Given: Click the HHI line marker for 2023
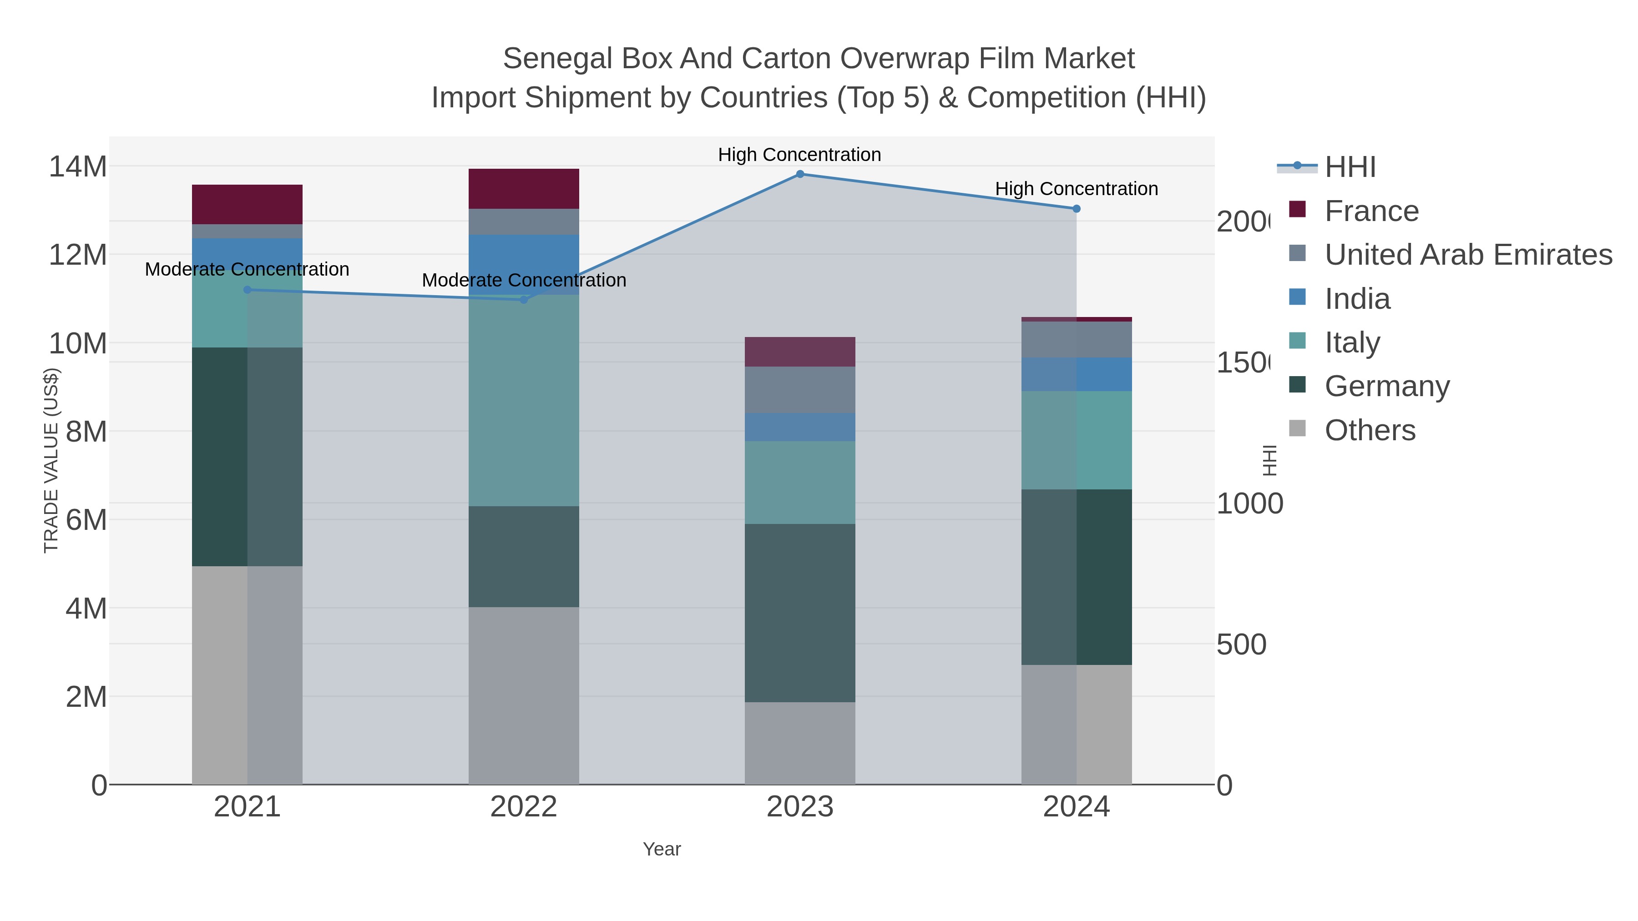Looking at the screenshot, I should coord(800,174).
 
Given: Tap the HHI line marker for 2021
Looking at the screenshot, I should coord(248,290).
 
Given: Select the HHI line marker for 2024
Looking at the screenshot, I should coord(1077,208).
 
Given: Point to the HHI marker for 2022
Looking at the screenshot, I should coord(524,299).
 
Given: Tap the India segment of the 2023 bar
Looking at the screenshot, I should coord(800,427).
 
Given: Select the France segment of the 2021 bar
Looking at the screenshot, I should coord(248,204).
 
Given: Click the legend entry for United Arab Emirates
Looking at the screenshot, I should coord(1467,255).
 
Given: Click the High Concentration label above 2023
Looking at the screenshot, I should coord(799,155).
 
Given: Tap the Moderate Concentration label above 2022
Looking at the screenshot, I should coord(524,280).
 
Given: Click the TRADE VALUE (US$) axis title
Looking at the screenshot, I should coord(51,460).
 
